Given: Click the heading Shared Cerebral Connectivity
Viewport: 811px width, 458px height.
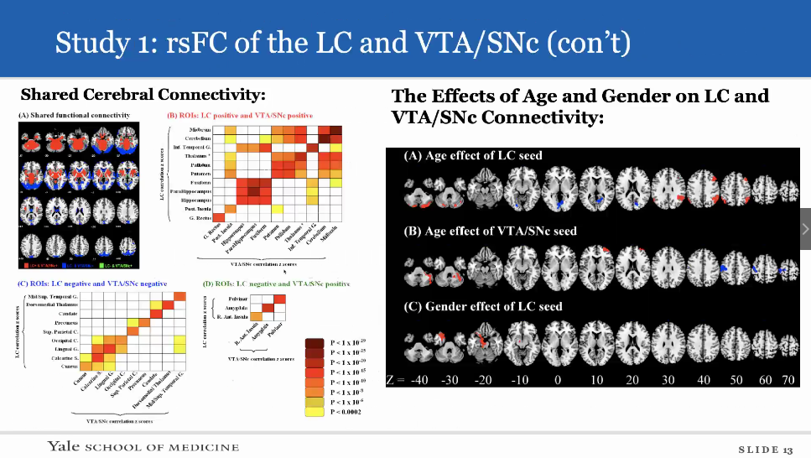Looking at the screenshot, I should point(143,94).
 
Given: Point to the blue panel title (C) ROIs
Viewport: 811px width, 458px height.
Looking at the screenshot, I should point(92,284).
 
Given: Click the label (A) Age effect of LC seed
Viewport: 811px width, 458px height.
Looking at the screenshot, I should point(472,155).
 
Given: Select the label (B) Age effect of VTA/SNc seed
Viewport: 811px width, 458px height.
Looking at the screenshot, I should point(490,231).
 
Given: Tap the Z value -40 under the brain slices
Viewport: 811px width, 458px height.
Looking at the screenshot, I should point(419,380).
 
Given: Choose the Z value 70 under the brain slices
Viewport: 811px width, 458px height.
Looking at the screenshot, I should point(788,380).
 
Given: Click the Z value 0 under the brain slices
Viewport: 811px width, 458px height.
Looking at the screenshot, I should point(557,380).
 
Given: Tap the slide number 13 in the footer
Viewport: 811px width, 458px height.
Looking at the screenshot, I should point(788,450).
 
